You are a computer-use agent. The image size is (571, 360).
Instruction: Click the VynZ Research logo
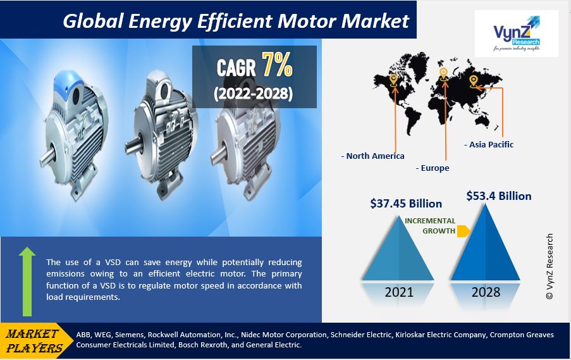click(x=517, y=34)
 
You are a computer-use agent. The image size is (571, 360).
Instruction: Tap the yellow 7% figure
click(x=277, y=65)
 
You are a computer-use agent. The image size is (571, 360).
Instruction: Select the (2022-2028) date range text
click(x=253, y=94)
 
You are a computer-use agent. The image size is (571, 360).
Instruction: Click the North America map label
click(x=372, y=156)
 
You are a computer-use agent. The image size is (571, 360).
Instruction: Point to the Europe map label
click(x=433, y=168)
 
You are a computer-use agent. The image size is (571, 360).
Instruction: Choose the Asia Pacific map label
click(x=489, y=145)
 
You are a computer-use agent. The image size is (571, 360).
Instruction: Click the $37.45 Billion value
click(x=406, y=203)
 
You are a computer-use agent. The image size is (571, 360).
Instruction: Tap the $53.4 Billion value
click(x=499, y=196)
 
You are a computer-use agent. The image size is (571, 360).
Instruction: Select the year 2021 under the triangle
click(x=399, y=292)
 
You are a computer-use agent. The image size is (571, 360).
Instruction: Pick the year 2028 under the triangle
click(x=486, y=292)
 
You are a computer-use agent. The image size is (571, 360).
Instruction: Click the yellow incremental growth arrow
click(x=464, y=231)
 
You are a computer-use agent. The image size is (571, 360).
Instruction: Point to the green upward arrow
click(x=27, y=282)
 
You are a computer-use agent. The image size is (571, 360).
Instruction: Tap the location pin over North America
click(x=393, y=80)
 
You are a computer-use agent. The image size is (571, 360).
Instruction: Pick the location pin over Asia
click(x=473, y=81)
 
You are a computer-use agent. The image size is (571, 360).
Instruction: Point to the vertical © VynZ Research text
click(x=550, y=266)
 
